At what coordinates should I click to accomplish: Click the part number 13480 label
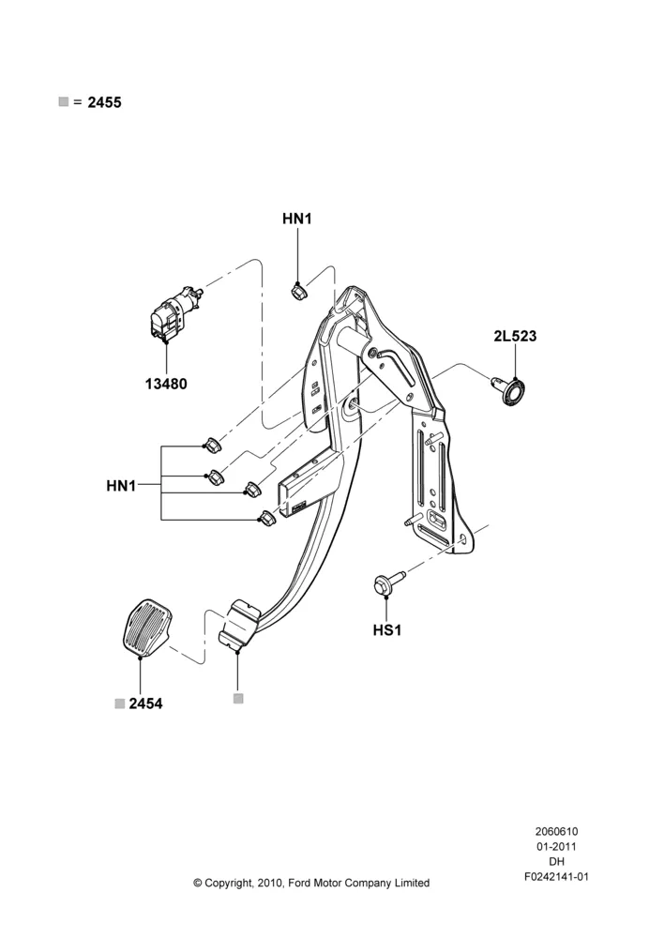coord(166,384)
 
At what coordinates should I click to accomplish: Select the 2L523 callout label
coord(515,336)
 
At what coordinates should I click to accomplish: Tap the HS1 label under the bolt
coord(387,630)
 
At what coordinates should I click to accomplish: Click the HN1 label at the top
coord(297,219)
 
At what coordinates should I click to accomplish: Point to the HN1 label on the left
coord(121,486)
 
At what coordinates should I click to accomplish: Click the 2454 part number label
coord(145,703)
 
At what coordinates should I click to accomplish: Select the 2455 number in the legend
coord(105,102)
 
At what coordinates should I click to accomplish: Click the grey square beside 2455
coord(64,101)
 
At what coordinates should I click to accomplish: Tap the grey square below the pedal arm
coord(238,698)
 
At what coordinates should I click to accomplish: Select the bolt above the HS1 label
coord(388,582)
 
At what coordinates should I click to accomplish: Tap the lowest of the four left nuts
coord(266,518)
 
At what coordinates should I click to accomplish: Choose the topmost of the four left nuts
coord(211,445)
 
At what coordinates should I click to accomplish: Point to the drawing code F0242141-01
coord(556,877)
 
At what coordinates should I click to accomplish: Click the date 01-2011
coord(556,846)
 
